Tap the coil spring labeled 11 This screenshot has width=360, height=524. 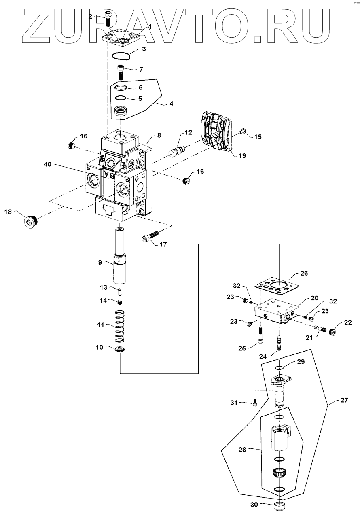(x=119, y=325)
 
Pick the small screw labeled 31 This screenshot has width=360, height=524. (x=255, y=402)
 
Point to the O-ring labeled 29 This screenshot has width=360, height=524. (x=278, y=368)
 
